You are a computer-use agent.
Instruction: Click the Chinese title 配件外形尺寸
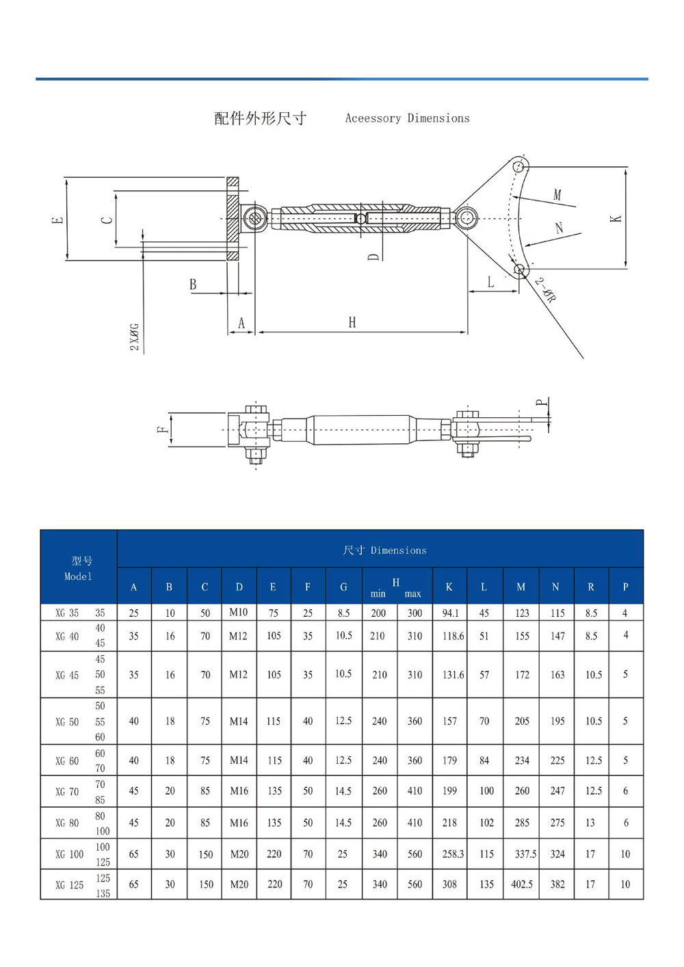260,118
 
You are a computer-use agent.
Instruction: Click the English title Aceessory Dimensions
407,118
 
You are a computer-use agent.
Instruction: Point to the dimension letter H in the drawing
352,322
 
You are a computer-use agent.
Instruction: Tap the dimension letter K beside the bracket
616,218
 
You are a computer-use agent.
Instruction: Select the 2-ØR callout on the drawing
545,289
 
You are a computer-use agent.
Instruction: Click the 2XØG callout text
135,337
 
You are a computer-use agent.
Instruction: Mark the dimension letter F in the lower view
162,429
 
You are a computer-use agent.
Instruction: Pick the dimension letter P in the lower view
542,403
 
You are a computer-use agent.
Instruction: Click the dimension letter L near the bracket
490,282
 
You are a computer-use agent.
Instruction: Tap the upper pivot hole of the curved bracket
518,166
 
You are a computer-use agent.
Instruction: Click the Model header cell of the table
79,568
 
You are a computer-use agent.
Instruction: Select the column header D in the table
239,587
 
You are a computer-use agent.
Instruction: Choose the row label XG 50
67,721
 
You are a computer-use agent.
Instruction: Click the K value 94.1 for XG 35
450,613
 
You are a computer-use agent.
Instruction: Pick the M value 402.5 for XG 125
521,884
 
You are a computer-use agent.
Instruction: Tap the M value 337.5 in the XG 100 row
525,854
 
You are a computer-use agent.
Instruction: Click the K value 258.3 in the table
452,854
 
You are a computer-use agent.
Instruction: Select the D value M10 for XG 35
239,612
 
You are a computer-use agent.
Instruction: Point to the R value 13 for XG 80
590,823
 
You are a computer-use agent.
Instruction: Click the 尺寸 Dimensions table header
384,550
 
